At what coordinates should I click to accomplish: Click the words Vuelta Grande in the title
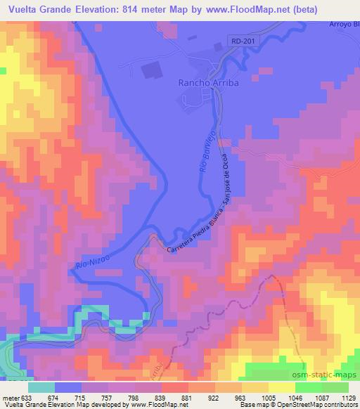pos(38,10)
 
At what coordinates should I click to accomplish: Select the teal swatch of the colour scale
pos(41,387)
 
